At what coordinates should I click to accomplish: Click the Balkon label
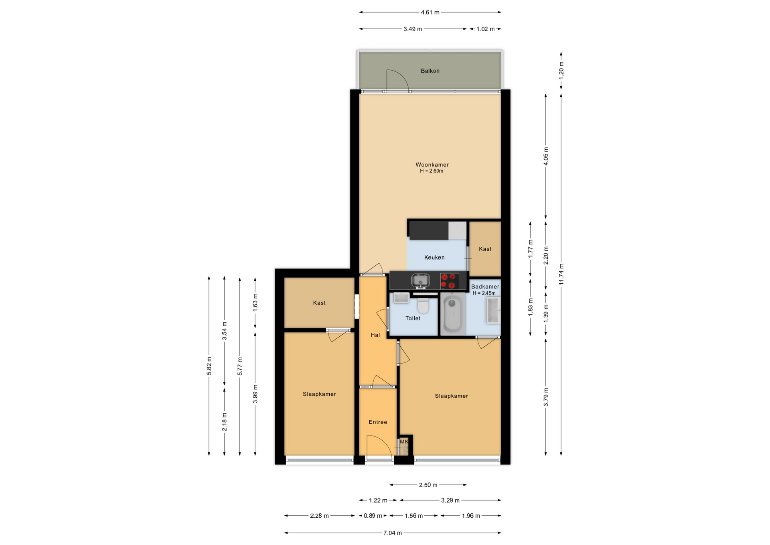430,71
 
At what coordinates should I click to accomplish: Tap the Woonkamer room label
432,165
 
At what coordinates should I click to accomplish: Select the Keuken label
434,258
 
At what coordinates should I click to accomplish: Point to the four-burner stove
449,281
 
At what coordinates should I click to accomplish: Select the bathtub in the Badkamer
453,313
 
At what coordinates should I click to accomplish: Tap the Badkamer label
485,287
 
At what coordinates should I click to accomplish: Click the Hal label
375,335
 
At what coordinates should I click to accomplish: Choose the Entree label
378,422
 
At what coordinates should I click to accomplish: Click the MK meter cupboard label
404,442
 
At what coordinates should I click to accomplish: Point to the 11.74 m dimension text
561,275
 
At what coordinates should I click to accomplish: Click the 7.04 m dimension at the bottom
393,533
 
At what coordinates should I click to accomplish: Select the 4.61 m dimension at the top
430,12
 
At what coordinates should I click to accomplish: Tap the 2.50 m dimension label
428,485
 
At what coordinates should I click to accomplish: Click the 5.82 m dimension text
209,366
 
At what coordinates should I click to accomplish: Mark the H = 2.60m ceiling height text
432,171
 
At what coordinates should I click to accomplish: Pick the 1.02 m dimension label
485,29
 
